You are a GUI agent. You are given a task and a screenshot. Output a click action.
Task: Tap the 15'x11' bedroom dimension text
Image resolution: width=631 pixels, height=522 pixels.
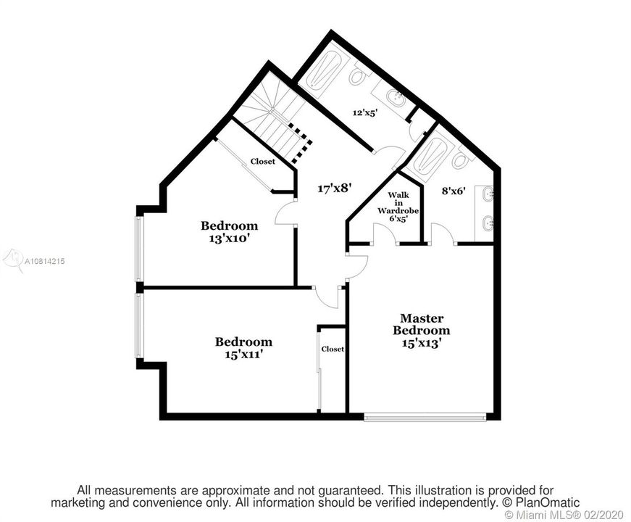(244, 355)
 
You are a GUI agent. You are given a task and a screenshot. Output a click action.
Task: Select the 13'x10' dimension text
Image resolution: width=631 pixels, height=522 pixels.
(228, 239)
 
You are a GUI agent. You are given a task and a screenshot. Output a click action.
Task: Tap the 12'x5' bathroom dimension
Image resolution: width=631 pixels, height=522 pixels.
(365, 113)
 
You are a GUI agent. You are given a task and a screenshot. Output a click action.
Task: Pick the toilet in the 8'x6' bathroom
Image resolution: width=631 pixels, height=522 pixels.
(460, 159)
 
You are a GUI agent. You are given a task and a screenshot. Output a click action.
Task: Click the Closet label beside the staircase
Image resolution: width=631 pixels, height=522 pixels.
(263, 162)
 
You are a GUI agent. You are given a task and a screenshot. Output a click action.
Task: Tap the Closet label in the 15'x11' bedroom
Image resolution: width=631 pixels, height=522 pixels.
(333, 349)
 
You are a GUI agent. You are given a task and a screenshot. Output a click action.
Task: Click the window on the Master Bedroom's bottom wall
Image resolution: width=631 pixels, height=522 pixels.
(425, 417)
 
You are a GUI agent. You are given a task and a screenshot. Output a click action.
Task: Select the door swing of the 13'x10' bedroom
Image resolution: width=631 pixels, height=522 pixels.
(284, 212)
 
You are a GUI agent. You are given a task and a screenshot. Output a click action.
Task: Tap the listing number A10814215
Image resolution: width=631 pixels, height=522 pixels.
(45, 261)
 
